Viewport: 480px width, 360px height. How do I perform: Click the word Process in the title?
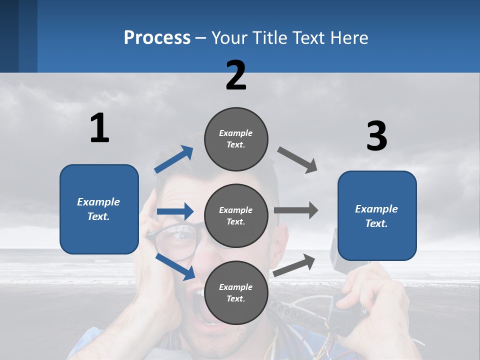pyautogui.click(x=157, y=37)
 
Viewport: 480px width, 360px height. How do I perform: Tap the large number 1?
pyautogui.click(x=99, y=128)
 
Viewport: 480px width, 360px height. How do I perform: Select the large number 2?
pyautogui.click(x=236, y=75)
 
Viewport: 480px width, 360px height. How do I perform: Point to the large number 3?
pyautogui.click(x=376, y=136)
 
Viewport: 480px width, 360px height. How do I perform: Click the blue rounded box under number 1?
pyautogui.click(x=99, y=209)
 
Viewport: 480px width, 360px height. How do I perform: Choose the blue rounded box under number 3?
pyautogui.click(x=377, y=216)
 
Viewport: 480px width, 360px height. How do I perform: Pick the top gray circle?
pyautogui.click(x=236, y=139)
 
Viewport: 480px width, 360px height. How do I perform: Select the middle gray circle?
pyautogui.click(x=236, y=215)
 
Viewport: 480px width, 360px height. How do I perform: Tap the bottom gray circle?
pyautogui.click(x=236, y=292)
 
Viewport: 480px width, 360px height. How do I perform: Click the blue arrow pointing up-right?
pyautogui.click(x=174, y=159)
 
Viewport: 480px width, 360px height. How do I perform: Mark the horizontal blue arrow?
pyautogui.click(x=175, y=211)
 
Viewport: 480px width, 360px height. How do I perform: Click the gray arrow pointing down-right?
pyautogui.click(x=297, y=160)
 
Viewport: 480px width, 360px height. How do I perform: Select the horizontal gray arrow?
pyautogui.click(x=295, y=210)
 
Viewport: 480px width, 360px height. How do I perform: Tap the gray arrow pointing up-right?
pyautogui.click(x=294, y=265)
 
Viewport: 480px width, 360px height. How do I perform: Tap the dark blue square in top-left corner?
pyautogui.click(x=18, y=36)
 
